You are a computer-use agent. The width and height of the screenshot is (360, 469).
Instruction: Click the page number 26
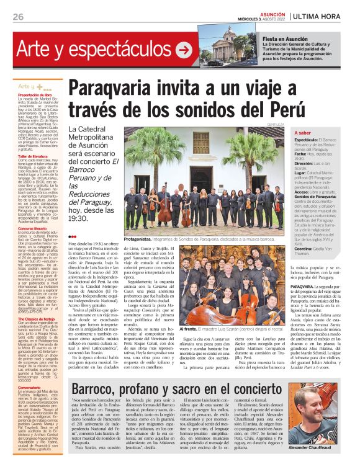[17, 16]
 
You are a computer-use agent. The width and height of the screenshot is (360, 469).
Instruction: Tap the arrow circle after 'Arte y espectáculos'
[184, 48]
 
